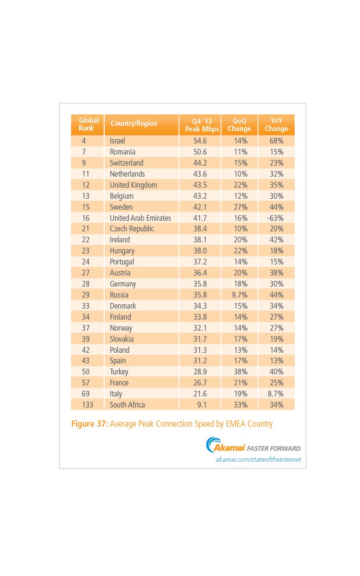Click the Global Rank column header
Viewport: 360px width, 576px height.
(x=88, y=124)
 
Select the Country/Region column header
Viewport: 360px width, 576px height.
(x=133, y=123)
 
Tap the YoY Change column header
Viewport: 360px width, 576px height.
(x=276, y=124)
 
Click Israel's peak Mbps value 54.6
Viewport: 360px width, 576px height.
(x=199, y=141)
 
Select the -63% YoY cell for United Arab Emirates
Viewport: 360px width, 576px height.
(x=276, y=218)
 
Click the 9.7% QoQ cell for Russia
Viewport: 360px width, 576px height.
(x=239, y=295)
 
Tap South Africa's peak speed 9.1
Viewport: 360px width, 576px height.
(x=199, y=405)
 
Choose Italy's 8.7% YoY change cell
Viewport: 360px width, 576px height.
(x=276, y=394)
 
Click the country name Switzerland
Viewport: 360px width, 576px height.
(x=126, y=163)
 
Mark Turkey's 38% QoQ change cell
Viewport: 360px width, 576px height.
(x=239, y=372)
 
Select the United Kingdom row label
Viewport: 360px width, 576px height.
(x=133, y=185)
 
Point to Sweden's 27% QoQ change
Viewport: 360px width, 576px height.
(x=239, y=207)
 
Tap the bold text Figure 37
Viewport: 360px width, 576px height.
(x=89, y=424)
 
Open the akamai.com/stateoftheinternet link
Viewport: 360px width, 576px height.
(x=258, y=460)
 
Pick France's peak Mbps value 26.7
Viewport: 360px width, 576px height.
(x=199, y=383)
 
